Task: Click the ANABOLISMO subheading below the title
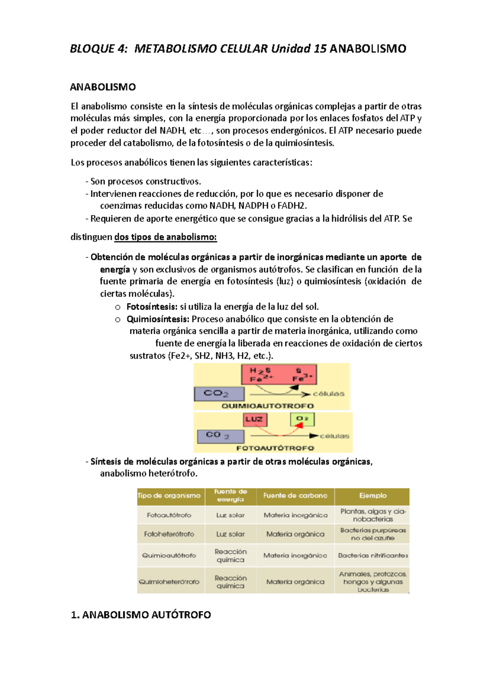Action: (x=102, y=87)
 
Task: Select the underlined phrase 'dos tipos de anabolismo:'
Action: (x=165, y=237)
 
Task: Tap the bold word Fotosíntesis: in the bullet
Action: (x=152, y=307)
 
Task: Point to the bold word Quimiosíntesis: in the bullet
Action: (x=158, y=319)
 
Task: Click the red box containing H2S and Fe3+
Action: (x=279, y=374)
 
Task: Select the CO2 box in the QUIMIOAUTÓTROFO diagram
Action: (x=219, y=394)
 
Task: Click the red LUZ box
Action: (x=255, y=419)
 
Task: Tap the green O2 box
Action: (x=303, y=419)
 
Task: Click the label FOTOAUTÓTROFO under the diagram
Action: (x=275, y=448)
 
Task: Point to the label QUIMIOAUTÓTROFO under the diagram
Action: (x=267, y=406)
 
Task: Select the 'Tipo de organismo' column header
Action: (x=169, y=496)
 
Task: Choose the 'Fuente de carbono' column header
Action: (x=295, y=496)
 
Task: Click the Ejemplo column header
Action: (x=372, y=496)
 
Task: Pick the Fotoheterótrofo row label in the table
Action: (x=169, y=534)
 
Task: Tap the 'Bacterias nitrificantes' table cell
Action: (x=372, y=556)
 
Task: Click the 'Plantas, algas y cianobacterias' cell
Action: (x=372, y=515)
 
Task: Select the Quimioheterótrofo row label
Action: (x=169, y=582)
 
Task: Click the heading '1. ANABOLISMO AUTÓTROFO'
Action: (x=141, y=615)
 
